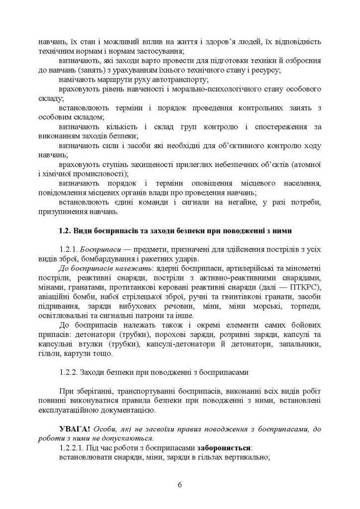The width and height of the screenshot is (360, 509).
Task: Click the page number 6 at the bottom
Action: click(x=180, y=484)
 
